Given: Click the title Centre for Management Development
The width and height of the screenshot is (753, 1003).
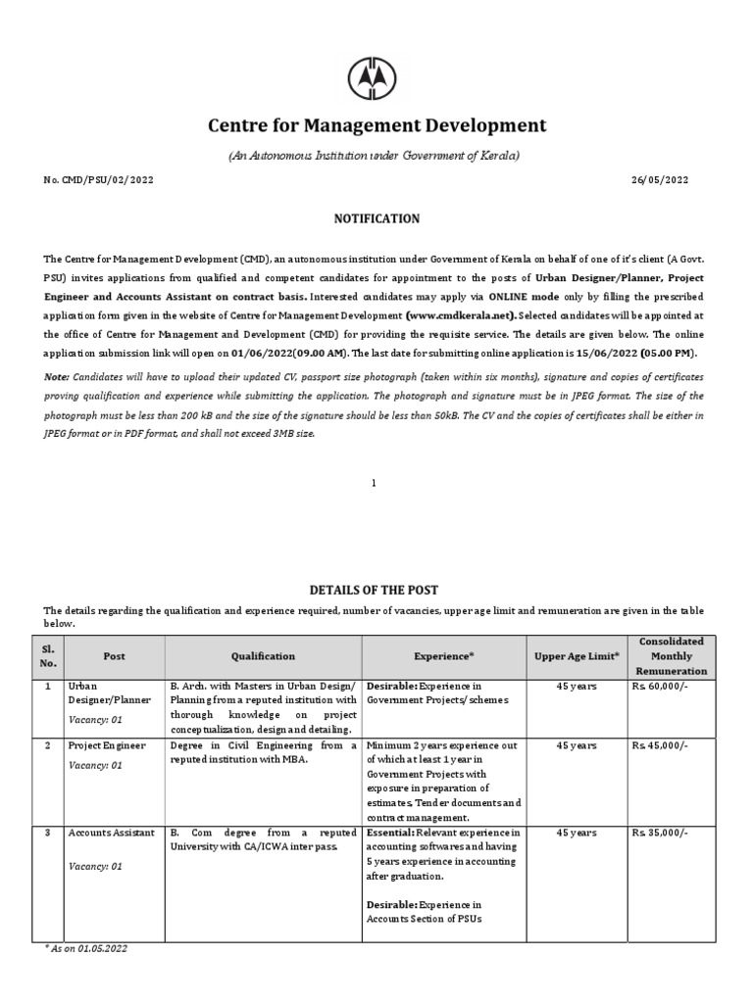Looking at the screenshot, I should click(x=376, y=125).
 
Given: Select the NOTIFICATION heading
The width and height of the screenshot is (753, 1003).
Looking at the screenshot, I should click(x=376, y=218).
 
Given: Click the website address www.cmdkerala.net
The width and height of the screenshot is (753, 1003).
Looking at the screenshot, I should click(x=460, y=315).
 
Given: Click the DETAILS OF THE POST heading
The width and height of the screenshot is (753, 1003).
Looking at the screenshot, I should click(x=375, y=590).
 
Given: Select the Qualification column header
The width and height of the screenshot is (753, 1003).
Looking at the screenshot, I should click(x=263, y=656).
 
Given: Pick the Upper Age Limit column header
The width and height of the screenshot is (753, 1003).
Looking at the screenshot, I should click(x=577, y=656).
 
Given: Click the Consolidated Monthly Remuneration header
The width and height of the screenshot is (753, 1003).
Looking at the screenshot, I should click(x=672, y=656).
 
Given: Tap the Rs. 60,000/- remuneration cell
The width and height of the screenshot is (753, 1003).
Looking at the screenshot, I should click(x=660, y=687).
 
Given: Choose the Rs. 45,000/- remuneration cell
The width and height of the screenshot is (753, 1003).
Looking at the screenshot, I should click(x=660, y=745).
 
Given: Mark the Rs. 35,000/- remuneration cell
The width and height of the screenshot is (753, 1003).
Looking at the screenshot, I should click(x=660, y=833).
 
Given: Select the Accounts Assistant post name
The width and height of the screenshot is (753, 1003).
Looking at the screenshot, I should click(x=112, y=833).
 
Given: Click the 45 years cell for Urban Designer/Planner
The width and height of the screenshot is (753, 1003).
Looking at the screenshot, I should click(x=576, y=687).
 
